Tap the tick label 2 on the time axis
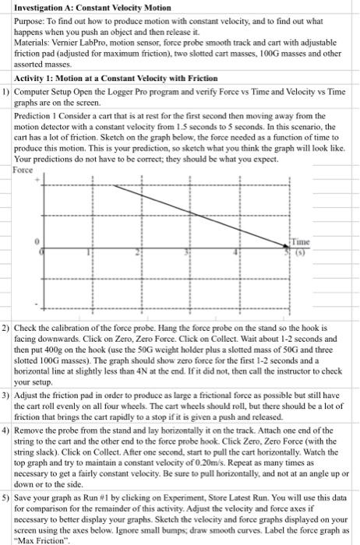(139, 253)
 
